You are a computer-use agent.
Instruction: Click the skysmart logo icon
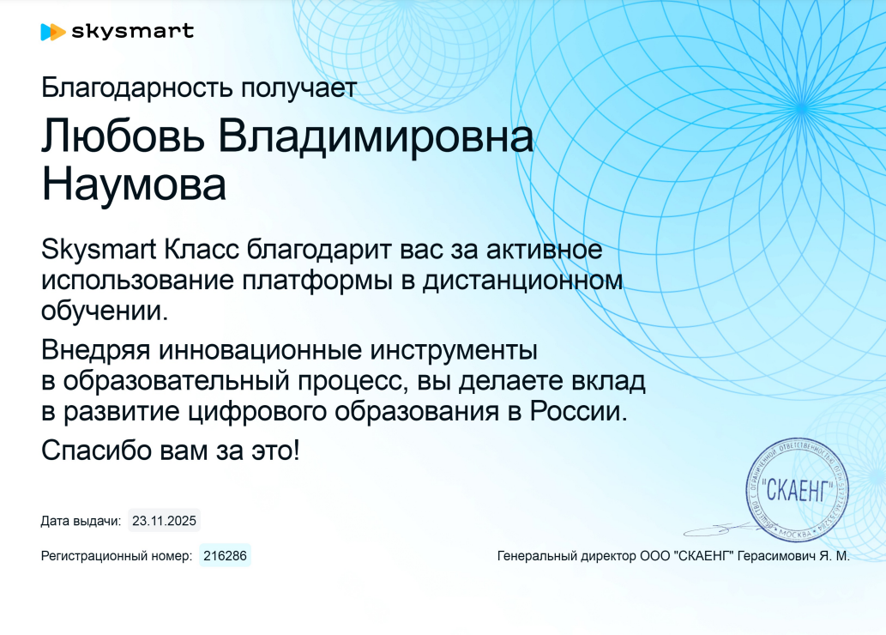pyautogui.click(x=53, y=33)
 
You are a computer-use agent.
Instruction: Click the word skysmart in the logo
pyautogui.click(x=133, y=31)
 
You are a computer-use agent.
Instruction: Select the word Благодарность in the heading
pyautogui.click(x=137, y=88)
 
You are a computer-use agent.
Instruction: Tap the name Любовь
pyautogui.click(x=123, y=136)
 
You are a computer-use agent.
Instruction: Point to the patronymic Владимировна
pyautogui.click(x=376, y=136)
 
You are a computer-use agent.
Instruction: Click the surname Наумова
pyautogui.click(x=134, y=184)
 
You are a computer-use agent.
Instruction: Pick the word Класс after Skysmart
pyautogui.click(x=202, y=250)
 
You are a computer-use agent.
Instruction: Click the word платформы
pyautogui.click(x=317, y=281)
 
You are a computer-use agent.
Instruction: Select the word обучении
pyautogui.click(x=105, y=311)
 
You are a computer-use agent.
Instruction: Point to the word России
pyautogui.click(x=579, y=411)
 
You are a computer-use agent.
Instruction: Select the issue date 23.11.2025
pyautogui.click(x=164, y=521)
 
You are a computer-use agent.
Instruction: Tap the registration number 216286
pyautogui.click(x=225, y=556)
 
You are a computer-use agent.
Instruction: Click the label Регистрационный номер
pyautogui.click(x=117, y=556)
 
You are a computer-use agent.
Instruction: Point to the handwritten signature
pyautogui.click(x=723, y=529)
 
